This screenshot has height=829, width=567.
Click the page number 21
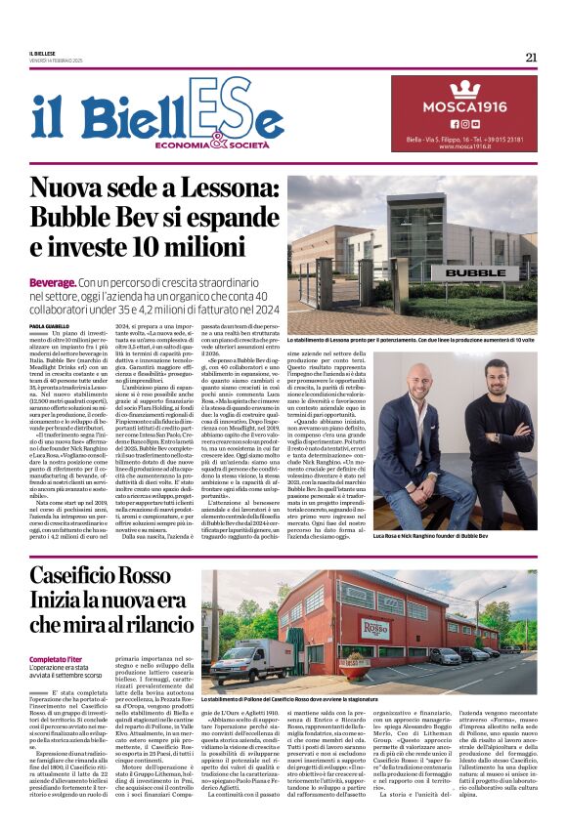[531, 57]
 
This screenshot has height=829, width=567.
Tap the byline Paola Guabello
[49, 325]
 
